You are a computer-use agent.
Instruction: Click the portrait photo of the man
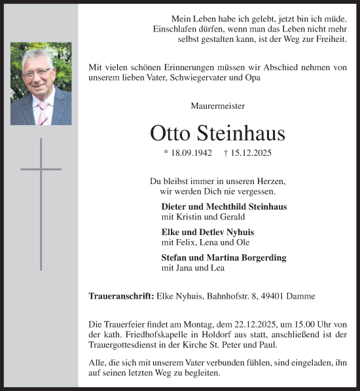[41, 84]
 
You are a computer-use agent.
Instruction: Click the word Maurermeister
[218, 105]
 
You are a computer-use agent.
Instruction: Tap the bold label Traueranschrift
[121, 296]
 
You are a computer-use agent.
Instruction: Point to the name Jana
[187, 268]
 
